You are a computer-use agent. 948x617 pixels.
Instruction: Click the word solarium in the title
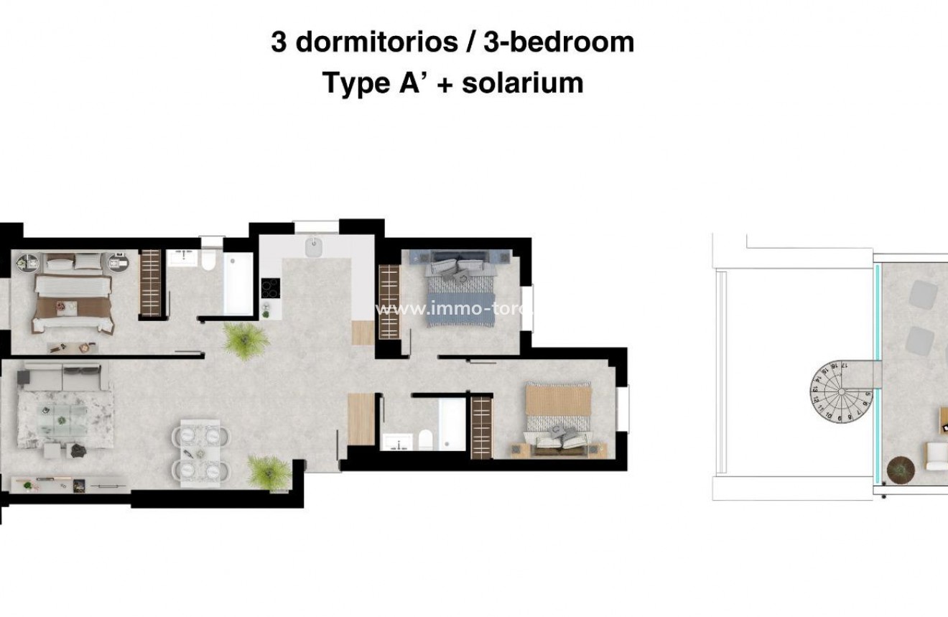click(522, 83)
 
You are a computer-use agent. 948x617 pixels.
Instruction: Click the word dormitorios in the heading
click(376, 42)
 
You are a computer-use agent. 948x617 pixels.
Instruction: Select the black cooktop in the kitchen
click(270, 288)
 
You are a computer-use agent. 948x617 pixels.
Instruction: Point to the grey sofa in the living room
click(62, 376)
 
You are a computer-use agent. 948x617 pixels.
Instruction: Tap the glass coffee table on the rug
click(62, 416)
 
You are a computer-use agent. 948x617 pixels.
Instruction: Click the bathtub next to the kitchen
click(237, 284)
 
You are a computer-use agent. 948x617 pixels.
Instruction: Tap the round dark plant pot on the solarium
click(898, 469)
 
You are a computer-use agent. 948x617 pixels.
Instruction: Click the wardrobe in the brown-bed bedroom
click(151, 283)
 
